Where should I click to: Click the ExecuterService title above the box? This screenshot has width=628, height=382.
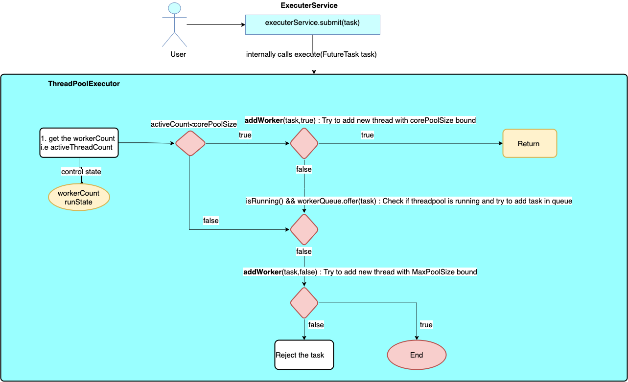coord(309,6)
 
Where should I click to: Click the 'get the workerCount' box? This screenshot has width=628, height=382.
coord(79,143)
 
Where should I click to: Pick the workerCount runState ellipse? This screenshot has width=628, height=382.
coord(79,198)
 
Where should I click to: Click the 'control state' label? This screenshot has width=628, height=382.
coord(81,172)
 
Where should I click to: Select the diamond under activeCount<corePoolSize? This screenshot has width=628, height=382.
coord(190,143)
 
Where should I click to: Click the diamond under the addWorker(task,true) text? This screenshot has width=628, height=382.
coord(304,143)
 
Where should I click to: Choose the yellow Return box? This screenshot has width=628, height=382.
coord(530,143)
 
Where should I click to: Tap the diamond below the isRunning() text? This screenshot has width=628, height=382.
coord(304,229)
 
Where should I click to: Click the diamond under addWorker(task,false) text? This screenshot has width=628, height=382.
coord(304,303)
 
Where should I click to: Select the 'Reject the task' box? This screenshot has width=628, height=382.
coord(304,355)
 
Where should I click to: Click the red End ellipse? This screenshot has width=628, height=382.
coord(417,355)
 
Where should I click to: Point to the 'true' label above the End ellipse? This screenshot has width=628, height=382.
coord(426,325)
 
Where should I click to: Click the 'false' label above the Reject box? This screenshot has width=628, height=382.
coord(316,325)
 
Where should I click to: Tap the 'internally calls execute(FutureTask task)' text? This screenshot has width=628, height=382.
coord(311,54)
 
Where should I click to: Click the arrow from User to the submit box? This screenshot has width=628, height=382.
coord(215,24)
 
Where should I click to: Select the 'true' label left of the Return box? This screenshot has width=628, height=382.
coord(367,135)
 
